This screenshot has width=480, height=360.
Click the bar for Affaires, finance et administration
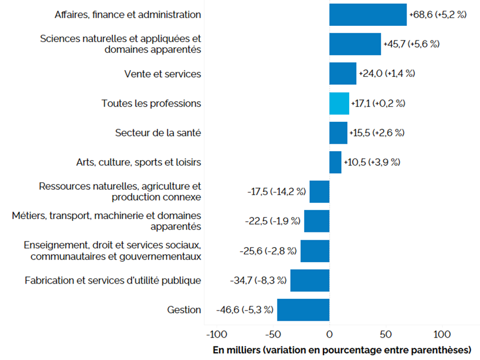pos(368,15)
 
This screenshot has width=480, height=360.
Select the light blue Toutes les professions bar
pos(339,103)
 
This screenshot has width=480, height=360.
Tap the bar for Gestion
pos(303,310)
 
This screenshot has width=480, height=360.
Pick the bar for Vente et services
pos(342,74)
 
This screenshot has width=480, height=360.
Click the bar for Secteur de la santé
pos(338,133)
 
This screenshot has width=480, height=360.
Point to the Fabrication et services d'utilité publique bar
pos(309,280)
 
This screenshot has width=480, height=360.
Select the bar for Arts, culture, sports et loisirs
pos(335,162)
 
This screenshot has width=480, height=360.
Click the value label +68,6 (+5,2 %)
pos(438,15)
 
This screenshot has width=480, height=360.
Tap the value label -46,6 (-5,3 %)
pos(245,310)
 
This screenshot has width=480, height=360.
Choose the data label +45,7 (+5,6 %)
pos(411,44)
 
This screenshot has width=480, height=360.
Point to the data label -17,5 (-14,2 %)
pos(276,192)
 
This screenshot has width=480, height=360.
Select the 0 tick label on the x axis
pos(330,335)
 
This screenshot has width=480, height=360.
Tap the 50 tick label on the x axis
pos(385,335)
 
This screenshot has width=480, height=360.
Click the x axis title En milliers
pos(341,350)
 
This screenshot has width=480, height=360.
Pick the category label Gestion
pos(184,310)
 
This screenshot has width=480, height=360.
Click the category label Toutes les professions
pos(151,103)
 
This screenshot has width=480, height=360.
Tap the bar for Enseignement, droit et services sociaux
pos(314,250)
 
